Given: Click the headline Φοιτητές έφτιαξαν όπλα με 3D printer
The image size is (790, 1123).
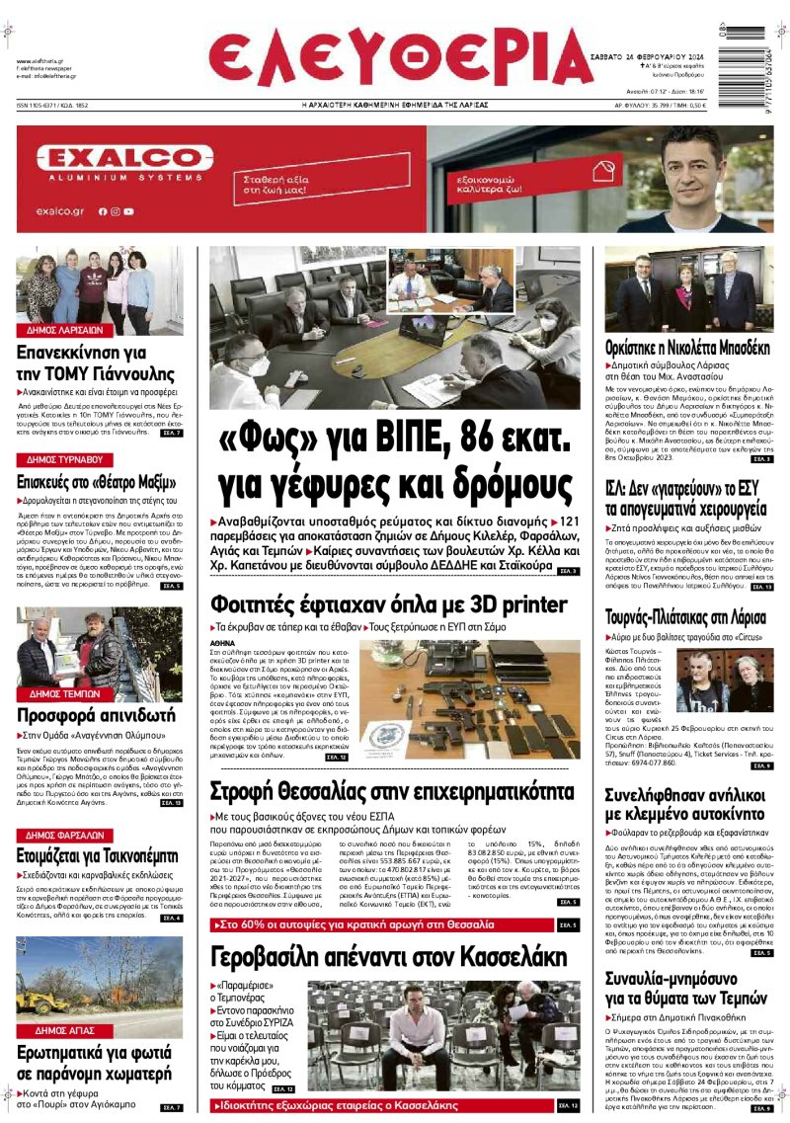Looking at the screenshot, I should coord(389,603).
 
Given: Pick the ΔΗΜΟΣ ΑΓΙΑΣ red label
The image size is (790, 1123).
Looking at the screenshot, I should coord(63,1030).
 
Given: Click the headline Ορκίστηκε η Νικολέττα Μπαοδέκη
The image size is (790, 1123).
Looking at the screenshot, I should coord(688,348).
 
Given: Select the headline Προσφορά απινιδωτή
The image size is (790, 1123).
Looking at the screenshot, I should coord(96,715).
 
